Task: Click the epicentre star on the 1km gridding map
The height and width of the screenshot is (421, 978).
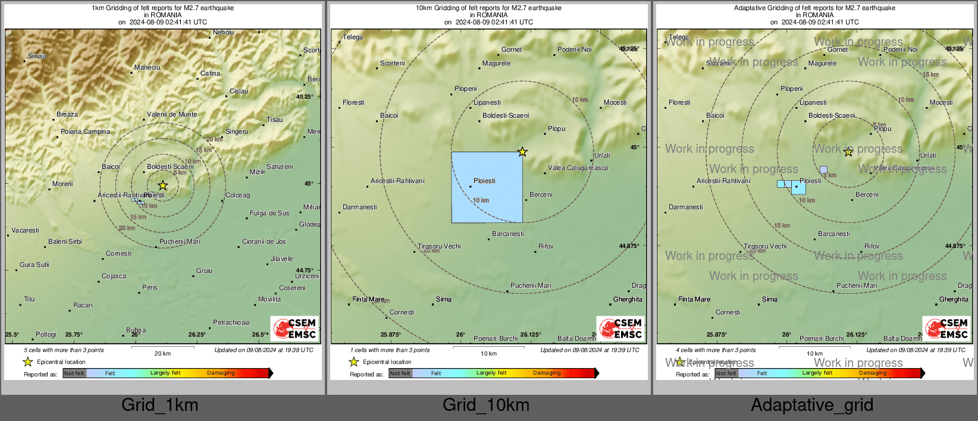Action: click(x=162, y=186)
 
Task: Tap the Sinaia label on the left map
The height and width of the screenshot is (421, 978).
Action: click(x=37, y=56)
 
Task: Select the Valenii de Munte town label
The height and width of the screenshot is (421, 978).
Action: click(x=172, y=114)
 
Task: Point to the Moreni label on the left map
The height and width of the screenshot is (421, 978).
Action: click(x=62, y=184)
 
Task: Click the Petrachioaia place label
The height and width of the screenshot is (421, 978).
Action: click(x=231, y=322)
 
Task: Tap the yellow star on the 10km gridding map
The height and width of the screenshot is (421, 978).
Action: click(x=522, y=152)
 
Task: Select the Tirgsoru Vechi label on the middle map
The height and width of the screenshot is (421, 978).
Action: click(x=439, y=246)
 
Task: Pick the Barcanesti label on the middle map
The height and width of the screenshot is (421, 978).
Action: click(x=508, y=234)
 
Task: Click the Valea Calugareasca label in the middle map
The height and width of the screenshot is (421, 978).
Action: click(x=578, y=168)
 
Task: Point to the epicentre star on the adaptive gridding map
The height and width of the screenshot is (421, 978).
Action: click(x=848, y=152)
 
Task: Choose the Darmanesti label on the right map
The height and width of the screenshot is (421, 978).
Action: click(x=685, y=207)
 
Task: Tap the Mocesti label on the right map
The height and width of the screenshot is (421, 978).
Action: click(x=941, y=102)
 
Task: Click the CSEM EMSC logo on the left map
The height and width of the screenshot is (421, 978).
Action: click(x=295, y=328)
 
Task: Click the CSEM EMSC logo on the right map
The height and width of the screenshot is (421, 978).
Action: click(x=947, y=328)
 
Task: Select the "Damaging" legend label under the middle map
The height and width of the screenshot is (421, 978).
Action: click(x=547, y=373)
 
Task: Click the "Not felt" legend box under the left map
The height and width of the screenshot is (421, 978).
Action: click(x=74, y=373)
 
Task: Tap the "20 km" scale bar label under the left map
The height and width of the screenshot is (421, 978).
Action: click(x=162, y=353)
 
